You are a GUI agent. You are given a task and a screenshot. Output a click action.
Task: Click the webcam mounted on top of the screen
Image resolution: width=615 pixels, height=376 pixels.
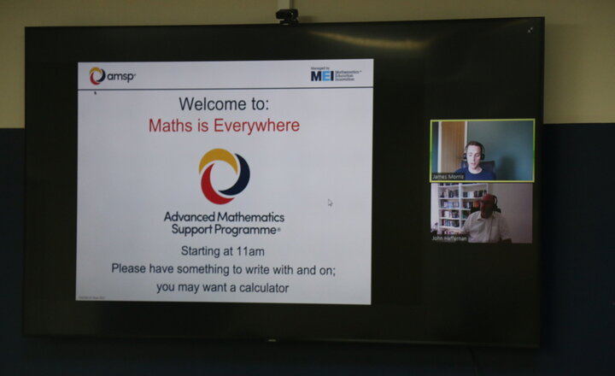click(287, 15)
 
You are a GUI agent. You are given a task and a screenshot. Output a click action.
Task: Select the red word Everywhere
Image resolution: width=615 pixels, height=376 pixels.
click(258, 126)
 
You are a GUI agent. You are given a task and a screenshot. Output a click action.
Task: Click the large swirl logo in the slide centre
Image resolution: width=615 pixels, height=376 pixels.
click(224, 176)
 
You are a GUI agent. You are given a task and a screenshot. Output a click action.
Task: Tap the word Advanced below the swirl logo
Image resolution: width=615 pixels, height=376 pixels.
click(191, 218)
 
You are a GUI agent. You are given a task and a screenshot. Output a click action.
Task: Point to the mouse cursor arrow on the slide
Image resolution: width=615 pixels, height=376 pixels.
click(330, 203)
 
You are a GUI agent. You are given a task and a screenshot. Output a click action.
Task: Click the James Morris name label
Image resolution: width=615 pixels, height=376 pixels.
click(449, 177)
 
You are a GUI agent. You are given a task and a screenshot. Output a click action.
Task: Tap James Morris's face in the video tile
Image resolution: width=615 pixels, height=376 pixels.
click(473, 153)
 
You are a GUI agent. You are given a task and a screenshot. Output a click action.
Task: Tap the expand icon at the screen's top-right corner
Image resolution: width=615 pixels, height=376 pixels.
click(530, 30)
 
